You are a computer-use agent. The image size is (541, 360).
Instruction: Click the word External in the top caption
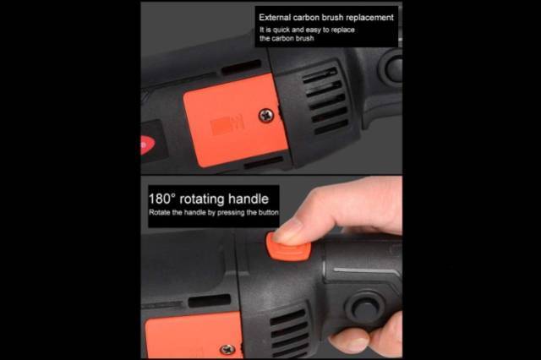pyautogui.click(x=275, y=17)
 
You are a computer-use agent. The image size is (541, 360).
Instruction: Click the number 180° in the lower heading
pyautogui.click(x=162, y=199)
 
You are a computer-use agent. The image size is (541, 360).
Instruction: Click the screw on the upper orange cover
pyautogui.click(x=266, y=115)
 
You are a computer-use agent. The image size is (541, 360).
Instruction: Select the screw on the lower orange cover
pyautogui.click(x=227, y=350)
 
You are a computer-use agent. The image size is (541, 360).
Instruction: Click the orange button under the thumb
pyautogui.click(x=288, y=248)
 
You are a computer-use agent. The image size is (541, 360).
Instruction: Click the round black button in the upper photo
pyautogui.click(x=392, y=68)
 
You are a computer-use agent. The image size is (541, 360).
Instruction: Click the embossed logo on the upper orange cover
pyautogui.click(x=227, y=125)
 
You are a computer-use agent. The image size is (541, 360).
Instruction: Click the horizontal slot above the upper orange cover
pyautogui.click(x=241, y=67)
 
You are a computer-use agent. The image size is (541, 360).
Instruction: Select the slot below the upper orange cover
pyautogui.click(x=264, y=162)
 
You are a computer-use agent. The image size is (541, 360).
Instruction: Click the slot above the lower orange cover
pyautogui.click(x=210, y=300)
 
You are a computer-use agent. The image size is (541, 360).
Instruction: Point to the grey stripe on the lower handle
pyautogui.click(x=367, y=271)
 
